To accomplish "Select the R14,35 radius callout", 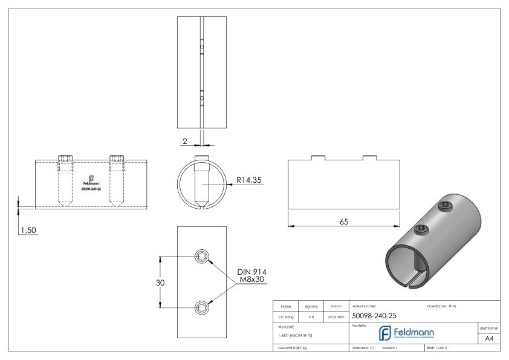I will tap(248, 179).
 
